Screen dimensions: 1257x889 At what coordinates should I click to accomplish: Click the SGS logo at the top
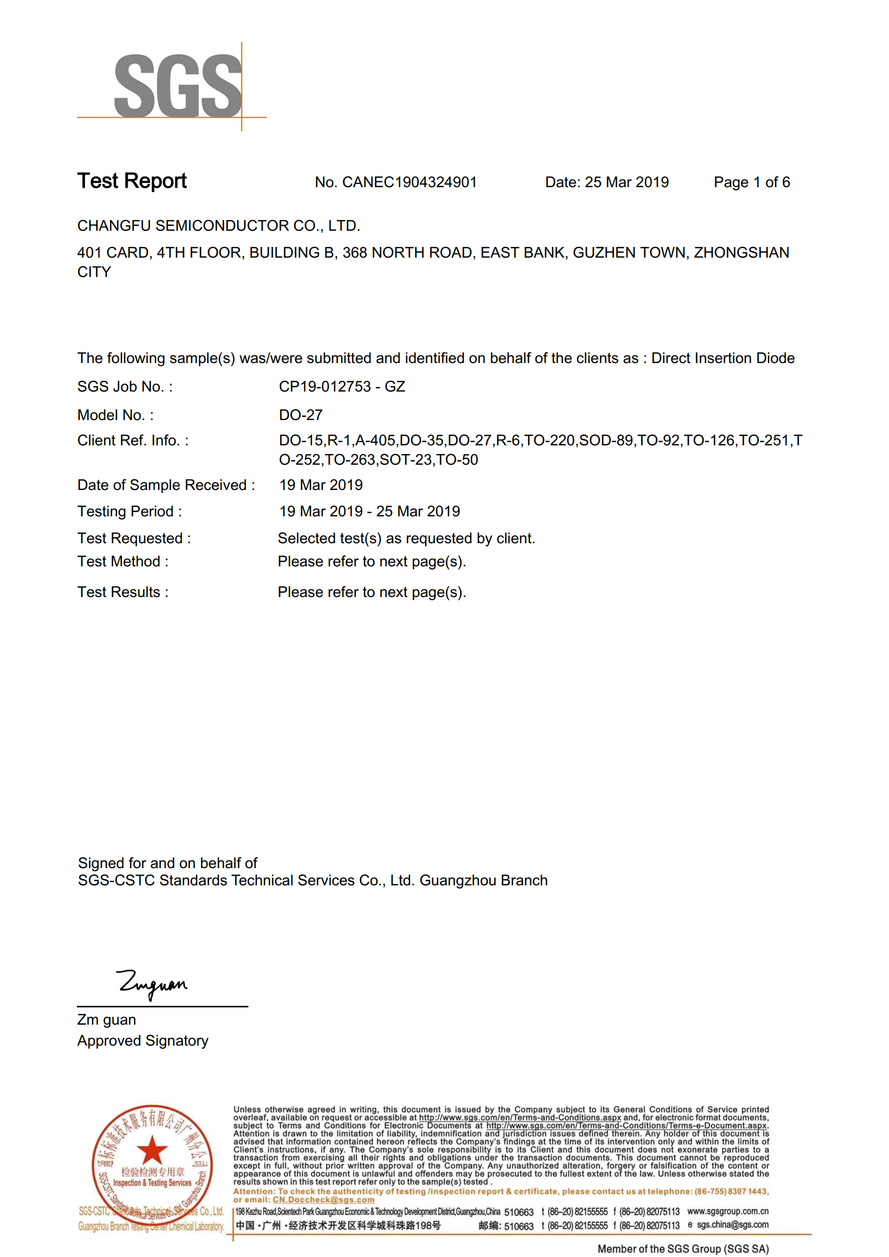pos(177,86)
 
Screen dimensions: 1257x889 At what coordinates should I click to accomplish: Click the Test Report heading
pos(132,181)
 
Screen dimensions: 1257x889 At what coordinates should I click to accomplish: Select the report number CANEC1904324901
pos(409,182)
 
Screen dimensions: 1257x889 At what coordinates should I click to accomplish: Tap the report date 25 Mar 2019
pos(626,182)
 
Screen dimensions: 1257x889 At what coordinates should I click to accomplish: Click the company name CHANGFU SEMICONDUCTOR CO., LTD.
pos(218,225)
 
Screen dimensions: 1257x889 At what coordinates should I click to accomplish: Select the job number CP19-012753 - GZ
pos(342,387)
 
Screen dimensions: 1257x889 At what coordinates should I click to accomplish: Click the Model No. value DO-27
pos(301,415)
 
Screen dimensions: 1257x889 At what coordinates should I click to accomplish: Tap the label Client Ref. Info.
pos(132,441)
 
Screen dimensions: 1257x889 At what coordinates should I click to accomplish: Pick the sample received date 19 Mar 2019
pos(321,485)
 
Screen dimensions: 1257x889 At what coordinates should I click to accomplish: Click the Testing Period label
pos(129,512)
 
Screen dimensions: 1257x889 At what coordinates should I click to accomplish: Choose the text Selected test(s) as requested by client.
pos(406,538)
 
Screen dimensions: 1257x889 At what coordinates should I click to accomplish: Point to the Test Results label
pos(123,592)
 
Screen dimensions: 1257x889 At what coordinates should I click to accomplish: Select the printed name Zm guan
pos(106,1019)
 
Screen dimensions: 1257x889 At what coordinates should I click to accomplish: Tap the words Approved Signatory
pos(143,1040)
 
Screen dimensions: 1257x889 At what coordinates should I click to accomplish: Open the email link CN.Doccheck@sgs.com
pos(323,1199)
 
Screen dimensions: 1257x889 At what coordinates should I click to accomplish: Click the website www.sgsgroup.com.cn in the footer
pos(728,1211)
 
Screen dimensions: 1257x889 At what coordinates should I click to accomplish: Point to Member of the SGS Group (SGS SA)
pos(682,1248)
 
